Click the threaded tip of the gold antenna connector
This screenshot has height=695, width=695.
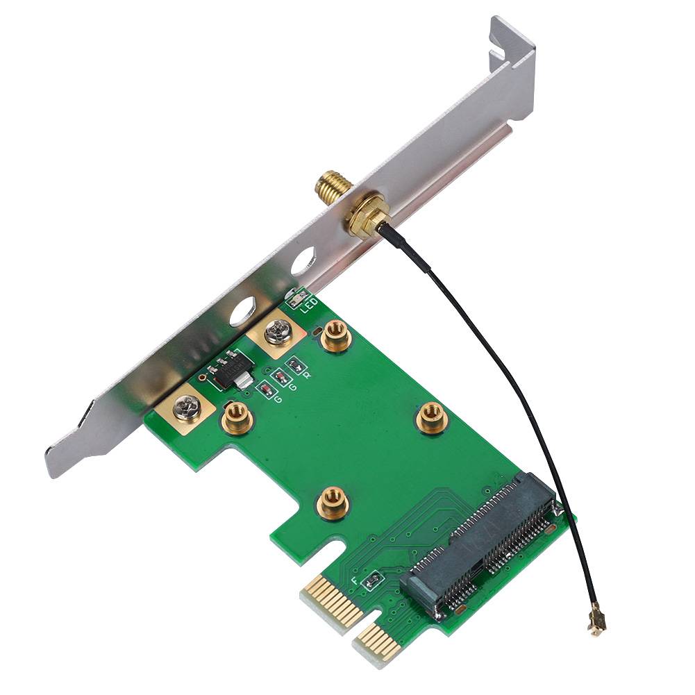point(325,184)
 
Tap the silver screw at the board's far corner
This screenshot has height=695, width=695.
point(187,407)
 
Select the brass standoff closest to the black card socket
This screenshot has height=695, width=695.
point(431,417)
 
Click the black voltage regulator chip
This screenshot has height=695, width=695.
point(230,368)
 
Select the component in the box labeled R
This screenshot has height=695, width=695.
point(296,365)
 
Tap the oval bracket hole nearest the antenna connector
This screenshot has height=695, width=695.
point(303,263)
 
